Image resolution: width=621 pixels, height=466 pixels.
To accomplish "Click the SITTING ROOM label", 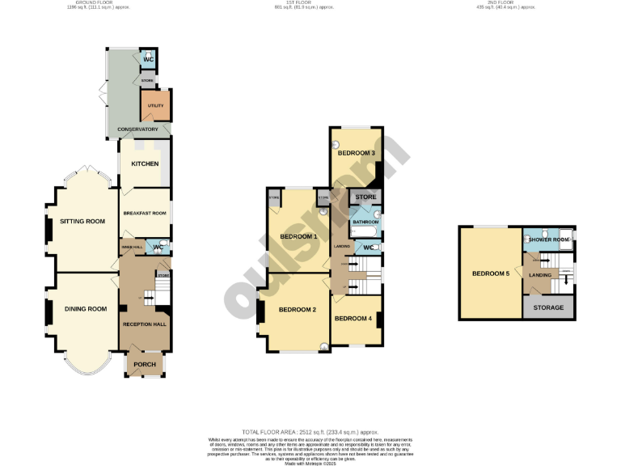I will pos(82,221).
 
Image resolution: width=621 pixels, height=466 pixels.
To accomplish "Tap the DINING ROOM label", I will pos(86,308).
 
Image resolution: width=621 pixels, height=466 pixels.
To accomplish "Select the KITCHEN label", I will pos(145,164).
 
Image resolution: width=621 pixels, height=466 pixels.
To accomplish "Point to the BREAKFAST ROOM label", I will pos(144,213).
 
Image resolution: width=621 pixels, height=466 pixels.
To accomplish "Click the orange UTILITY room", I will pos(154,106).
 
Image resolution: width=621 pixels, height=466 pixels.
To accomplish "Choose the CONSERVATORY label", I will pos(137,129).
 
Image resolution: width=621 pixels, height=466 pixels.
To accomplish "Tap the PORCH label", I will pos(145,364).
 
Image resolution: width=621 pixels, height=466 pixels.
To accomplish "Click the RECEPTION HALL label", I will pos(144,324).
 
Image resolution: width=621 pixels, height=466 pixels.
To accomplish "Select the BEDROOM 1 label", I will pos(298,236).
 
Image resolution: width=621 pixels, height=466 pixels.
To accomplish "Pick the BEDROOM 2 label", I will pos(297,310).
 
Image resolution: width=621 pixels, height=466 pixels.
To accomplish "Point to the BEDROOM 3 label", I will pos(356,153).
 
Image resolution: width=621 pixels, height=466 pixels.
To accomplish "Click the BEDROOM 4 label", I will pos(353,318).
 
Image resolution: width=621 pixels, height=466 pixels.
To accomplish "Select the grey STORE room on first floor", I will pos(366,197).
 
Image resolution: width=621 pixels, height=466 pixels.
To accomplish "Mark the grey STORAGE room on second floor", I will pos(549,307).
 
